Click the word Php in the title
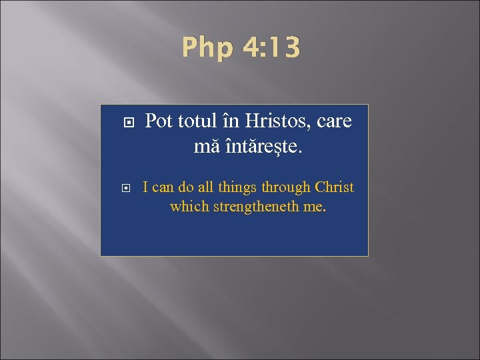point(206,48)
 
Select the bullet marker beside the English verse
point(129,189)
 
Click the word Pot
point(159,122)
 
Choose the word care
point(333,122)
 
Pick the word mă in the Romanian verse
point(205,146)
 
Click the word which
point(189,207)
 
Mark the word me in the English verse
point(314,207)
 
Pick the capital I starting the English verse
point(146,188)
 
